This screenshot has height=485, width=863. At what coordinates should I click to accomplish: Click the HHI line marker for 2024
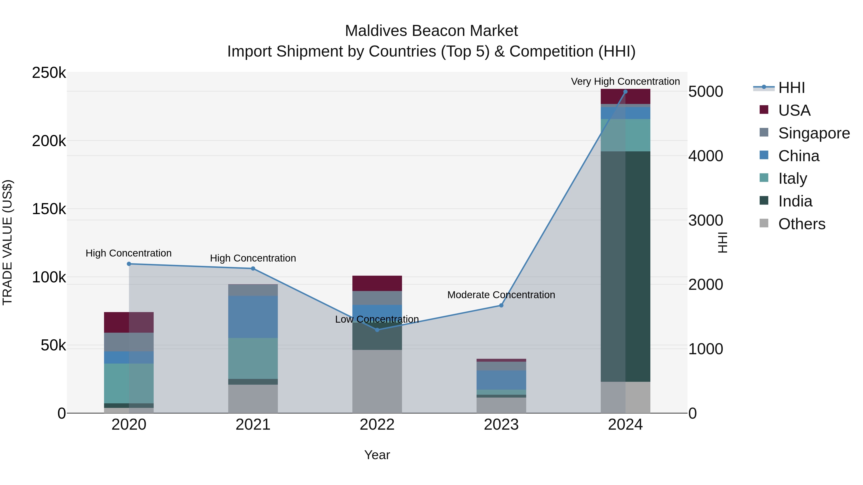(x=625, y=92)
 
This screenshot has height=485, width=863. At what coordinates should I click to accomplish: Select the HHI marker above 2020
(x=129, y=264)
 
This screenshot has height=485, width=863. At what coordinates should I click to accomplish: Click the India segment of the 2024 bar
(x=625, y=266)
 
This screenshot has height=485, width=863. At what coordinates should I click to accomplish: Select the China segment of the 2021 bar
(x=253, y=317)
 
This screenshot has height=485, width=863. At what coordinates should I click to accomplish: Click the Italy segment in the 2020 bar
(x=129, y=383)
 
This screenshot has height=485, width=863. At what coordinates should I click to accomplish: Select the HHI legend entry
(x=791, y=88)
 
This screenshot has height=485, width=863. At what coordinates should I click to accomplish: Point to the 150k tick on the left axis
(x=49, y=209)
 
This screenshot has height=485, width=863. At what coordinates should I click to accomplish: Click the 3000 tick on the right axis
(x=706, y=220)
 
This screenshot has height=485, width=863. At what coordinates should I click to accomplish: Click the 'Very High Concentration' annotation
(x=625, y=81)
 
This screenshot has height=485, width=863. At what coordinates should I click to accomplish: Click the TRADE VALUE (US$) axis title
(x=7, y=242)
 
